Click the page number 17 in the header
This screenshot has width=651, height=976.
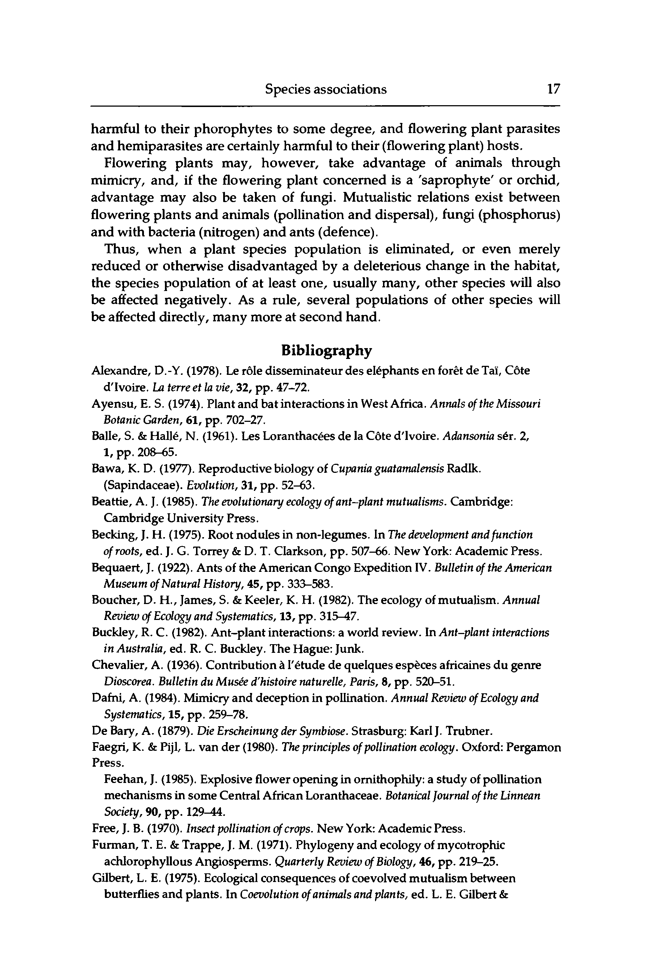[553, 89]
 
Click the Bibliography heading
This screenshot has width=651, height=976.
[326, 351]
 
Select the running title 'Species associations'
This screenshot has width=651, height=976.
[326, 89]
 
